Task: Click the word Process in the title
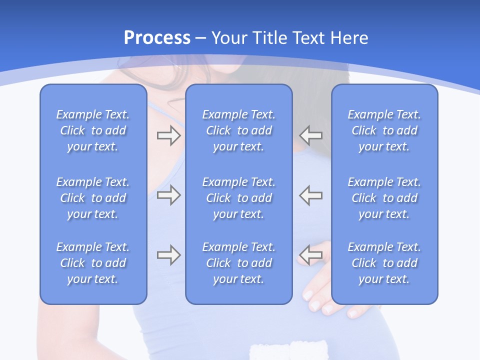[x=157, y=38]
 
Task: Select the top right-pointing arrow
[x=168, y=135]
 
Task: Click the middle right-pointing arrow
[x=168, y=195]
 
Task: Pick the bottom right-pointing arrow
[x=168, y=255]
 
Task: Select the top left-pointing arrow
[x=311, y=135]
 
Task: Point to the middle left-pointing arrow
[x=311, y=195]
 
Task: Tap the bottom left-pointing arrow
[x=311, y=255]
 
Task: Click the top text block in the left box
[x=93, y=130]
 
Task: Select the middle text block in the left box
[x=93, y=198]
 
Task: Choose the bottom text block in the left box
[x=93, y=263]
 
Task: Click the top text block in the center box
[x=239, y=130]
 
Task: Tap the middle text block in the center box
[x=239, y=198]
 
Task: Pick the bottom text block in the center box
[x=239, y=263]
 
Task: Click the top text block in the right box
[x=384, y=130]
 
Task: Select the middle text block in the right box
[x=384, y=198]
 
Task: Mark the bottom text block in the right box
[x=384, y=263]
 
